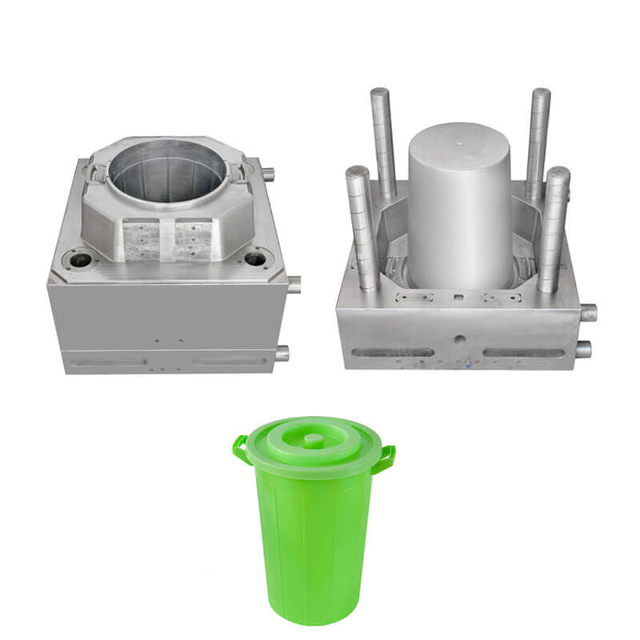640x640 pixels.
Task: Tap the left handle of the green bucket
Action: click(x=240, y=449)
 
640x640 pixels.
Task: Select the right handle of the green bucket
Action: click(x=386, y=458)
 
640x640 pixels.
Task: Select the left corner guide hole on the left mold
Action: click(x=80, y=260)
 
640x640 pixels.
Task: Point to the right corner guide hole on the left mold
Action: click(x=254, y=258)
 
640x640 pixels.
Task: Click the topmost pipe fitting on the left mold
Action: click(x=267, y=174)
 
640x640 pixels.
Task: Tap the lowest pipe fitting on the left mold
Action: click(x=282, y=353)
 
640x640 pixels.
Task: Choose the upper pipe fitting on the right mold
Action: click(x=589, y=312)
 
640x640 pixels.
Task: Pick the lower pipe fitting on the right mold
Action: click(x=583, y=349)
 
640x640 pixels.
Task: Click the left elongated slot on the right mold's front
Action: click(x=392, y=352)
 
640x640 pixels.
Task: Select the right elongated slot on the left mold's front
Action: click(x=230, y=362)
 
